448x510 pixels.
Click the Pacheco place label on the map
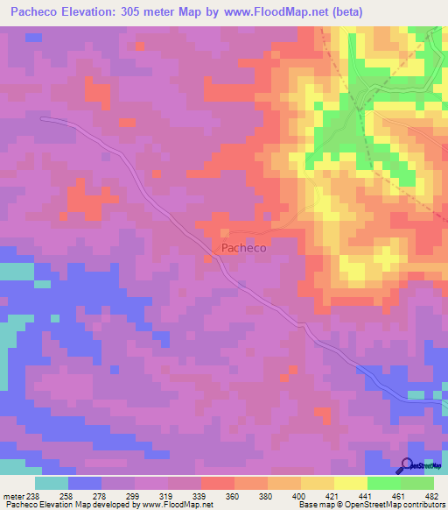point(243,248)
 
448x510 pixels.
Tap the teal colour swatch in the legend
point(52,483)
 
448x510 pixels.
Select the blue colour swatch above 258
point(85,483)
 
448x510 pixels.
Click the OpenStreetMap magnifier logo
point(408,465)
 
